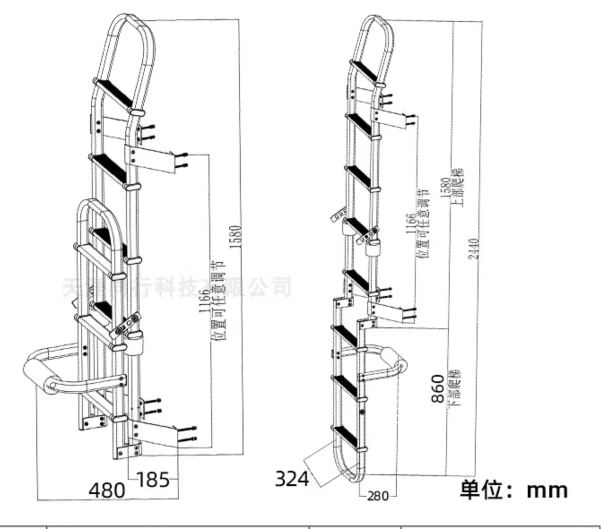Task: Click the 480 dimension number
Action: (107, 490)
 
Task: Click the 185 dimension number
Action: (153, 480)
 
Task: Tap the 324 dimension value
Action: (292, 478)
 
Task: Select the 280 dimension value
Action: (378, 496)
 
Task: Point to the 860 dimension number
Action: (438, 388)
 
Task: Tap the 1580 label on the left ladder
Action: (236, 237)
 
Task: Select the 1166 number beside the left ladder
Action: (204, 301)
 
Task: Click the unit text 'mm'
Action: (547, 490)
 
